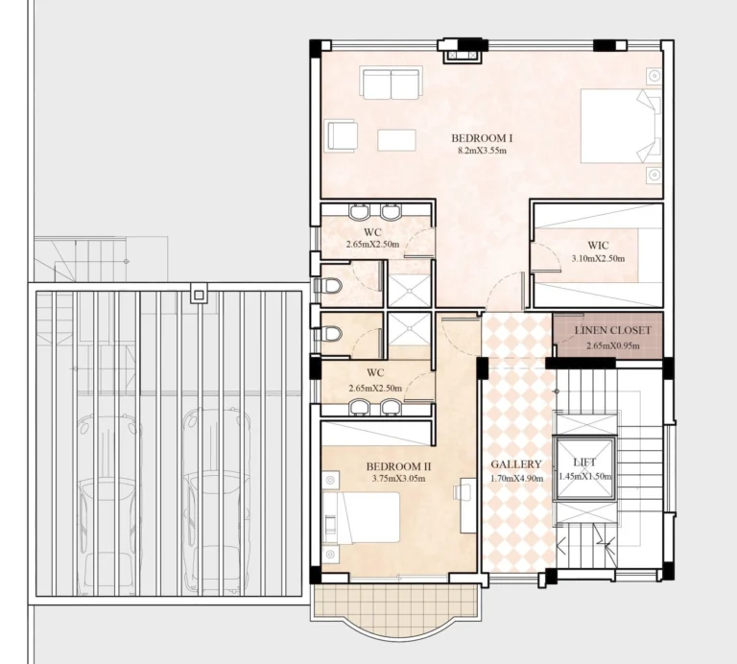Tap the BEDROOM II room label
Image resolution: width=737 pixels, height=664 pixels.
[x=399, y=466]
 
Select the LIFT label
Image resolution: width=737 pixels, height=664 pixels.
[x=584, y=462]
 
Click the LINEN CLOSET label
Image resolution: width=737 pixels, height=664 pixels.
[x=612, y=331]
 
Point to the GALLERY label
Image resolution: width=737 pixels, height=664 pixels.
[x=516, y=464]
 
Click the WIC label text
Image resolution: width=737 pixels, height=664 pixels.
[x=598, y=245]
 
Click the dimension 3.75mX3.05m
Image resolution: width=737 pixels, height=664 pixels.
[x=399, y=478]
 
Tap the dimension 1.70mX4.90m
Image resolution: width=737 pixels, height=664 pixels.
[x=516, y=477]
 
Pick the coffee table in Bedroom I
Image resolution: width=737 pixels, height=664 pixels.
[x=396, y=140]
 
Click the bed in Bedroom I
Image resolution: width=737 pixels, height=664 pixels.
[x=620, y=125]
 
